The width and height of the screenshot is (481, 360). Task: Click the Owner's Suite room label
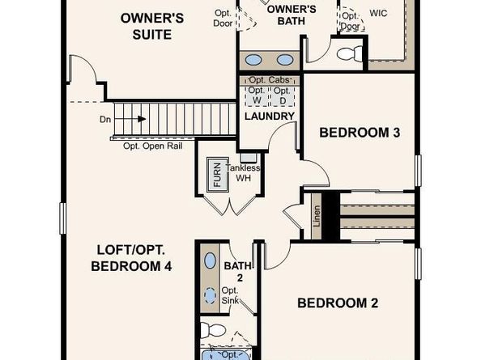pos(146,25)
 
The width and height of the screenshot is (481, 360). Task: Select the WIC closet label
pos(378,14)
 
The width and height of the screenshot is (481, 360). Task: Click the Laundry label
pos(268,116)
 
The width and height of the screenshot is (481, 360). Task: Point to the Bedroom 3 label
pos(360,132)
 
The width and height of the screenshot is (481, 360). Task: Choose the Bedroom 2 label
pos(338,303)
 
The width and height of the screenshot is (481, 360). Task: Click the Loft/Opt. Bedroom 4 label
pos(134,258)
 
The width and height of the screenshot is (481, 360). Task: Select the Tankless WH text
pos(243,172)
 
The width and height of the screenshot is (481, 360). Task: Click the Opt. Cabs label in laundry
pos(268,80)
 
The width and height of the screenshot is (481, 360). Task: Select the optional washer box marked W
pos(256,95)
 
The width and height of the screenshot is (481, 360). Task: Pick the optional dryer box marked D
pos(281,95)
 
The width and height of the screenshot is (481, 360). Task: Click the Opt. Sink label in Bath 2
pos(231,296)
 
